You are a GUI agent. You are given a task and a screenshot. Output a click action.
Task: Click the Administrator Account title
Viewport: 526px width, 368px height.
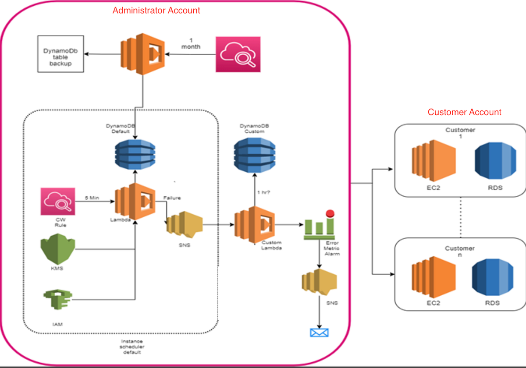click(156, 11)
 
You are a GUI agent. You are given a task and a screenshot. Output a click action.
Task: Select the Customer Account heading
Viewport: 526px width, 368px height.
click(464, 112)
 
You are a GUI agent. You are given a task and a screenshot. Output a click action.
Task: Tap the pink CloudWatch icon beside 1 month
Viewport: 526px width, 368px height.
click(238, 54)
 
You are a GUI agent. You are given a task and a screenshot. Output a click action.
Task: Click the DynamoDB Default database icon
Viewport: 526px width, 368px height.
click(135, 154)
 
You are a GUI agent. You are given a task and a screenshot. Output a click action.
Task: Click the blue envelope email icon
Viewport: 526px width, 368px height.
click(319, 333)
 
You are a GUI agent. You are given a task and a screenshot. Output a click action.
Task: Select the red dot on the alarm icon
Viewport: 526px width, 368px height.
click(331, 213)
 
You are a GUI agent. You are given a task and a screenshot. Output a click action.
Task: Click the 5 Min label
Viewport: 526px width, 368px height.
click(92, 198)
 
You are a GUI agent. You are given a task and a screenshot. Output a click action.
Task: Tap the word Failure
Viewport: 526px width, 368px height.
click(172, 198)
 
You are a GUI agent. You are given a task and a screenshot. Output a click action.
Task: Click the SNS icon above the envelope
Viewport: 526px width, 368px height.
click(319, 280)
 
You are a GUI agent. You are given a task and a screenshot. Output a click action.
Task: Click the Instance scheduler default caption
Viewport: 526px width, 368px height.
click(132, 347)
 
